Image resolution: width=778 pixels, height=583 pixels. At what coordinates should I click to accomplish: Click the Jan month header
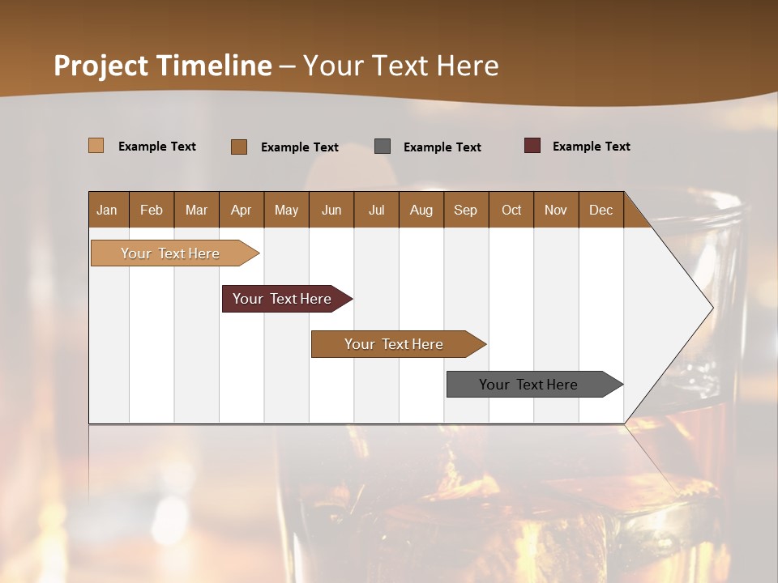pyautogui.click(x=107, y=210)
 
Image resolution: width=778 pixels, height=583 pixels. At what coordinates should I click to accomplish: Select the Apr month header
pyautogui.click(x=241, y=210)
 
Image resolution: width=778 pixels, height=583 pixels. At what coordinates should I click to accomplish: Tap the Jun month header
pyautogui.click(x=331, y=210)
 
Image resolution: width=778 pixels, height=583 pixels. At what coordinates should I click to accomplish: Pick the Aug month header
pyautogui.click(x=421, y=210)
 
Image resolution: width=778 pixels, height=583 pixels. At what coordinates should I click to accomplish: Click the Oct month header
pyautogui.click(x=511, y=210)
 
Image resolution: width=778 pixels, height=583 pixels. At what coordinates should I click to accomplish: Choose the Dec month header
pyautogui.click(x=601, y=210)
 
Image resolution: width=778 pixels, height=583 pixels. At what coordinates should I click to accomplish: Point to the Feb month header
pyautogui.click(x=152, y=210)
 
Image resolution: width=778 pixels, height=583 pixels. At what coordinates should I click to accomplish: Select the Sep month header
pyautogui.click(x=465, y=210)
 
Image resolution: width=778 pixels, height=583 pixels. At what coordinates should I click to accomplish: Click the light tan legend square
pyautogui.click(x=96, y=146)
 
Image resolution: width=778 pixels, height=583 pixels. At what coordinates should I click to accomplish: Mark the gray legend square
pyautogui.click(x=383, y=146)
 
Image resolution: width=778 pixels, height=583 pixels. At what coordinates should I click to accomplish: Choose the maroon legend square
pyautogui.click(x=532, y=146)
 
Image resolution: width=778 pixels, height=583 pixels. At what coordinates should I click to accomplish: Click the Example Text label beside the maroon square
pyautogui.click(x=591, y=147)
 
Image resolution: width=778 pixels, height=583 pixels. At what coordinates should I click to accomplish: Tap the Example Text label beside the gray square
pyautogui.click(x=442, y=147)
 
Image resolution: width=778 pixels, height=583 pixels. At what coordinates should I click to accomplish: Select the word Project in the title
pyautogui.click(x=101, y=66)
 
